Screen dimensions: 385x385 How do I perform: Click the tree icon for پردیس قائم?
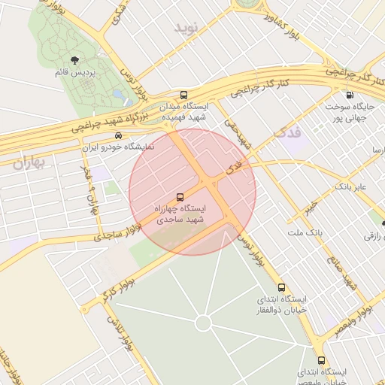(74, 60)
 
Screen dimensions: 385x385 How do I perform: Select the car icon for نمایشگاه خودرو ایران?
(119, 136)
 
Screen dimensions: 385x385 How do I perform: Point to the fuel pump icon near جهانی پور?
(349, 95)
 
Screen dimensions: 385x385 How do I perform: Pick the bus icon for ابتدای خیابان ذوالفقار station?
(282, 287)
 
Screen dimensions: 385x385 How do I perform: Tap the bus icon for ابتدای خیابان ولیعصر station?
(322, 360)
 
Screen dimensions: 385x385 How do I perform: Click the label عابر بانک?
(349, 185)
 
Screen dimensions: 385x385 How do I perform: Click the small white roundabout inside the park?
(202, 323)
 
